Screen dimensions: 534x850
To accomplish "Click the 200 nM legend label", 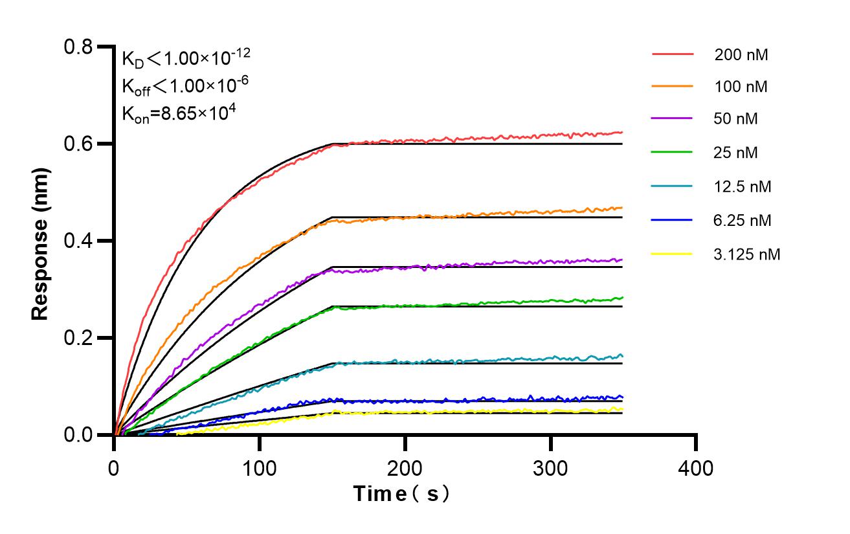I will pos(741,55).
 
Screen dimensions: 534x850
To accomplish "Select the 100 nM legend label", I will pos(741,86).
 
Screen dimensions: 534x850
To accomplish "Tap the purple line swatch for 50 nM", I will pos(673,119).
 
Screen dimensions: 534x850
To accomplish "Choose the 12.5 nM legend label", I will pos(743,186).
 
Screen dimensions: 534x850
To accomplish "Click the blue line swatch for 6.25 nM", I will pos(673,220).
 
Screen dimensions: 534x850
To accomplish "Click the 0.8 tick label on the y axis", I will pos(78,47).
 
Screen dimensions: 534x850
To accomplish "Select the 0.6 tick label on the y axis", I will pos(78,144).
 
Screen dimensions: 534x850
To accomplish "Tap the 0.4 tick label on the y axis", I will pos(78,241).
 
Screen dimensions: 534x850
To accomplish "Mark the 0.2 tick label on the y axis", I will pos(78,338).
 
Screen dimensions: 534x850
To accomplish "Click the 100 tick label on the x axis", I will pos(260,467).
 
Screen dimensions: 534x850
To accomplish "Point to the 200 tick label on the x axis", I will pos(405,467).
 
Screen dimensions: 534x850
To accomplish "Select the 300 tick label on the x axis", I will pos(551,467).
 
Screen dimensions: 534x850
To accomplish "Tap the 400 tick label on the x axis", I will pos(697,467).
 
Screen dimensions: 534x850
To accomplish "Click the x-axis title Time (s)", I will pos(401,495).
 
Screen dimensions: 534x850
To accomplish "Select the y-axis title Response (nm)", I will pos(41,241).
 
